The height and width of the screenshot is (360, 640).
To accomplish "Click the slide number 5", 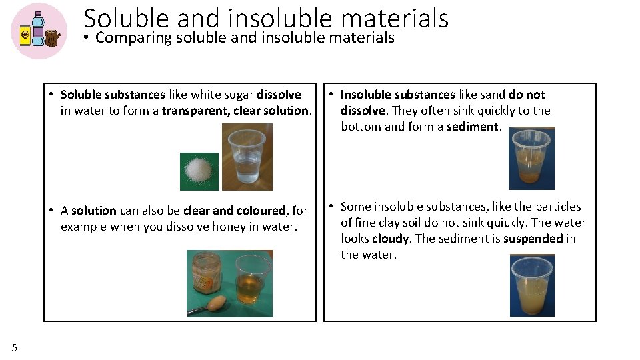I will click(x=15, y=347).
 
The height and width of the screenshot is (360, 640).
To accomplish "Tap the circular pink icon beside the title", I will click(x=39, y=31).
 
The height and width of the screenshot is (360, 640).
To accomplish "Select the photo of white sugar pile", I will click(x=199, y=171).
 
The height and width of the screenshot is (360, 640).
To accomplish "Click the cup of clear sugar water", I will click(x=246, y=157).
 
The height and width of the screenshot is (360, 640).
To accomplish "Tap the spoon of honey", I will click(x=213, y=305).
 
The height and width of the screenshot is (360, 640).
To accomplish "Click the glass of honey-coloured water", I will click(x=253, y=281).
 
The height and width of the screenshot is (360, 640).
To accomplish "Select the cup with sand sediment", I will click(x=532, y=159).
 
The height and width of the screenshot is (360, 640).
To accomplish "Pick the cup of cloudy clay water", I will click(x=532, y=285).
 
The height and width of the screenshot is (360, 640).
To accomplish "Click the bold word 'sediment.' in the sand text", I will click(x=474, y=127).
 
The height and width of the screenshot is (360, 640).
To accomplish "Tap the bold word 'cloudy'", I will click(x=390, y=239).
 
